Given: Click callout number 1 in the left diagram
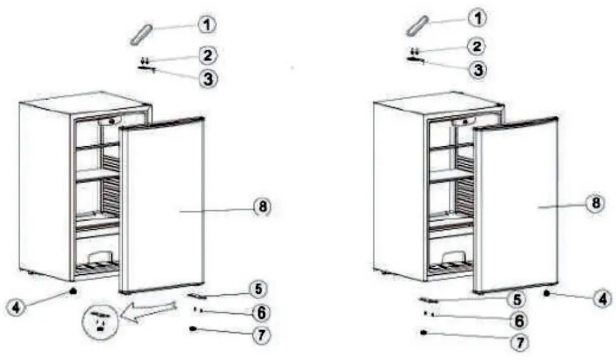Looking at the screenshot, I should click(x=207, y=24).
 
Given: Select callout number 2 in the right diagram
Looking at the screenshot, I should click(x=478, y=46).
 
